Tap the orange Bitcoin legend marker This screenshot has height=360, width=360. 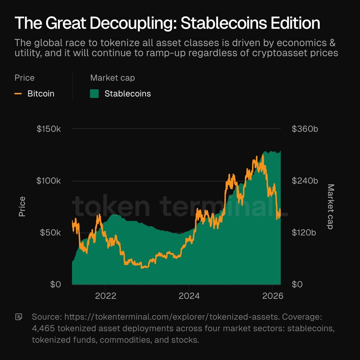coord(18,94)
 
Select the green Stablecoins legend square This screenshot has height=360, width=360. coord(94,94)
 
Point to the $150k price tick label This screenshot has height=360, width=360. coord(49,129)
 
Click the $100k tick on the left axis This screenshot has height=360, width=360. coord(49,181)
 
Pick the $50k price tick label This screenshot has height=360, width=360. coord(50,232)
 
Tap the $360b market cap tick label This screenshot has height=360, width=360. coord(305,129)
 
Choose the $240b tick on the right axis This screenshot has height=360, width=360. coord(305,181)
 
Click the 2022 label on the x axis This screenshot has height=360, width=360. coord(106,296)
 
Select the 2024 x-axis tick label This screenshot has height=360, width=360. coord(189,296)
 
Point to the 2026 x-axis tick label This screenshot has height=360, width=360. coord(272,296)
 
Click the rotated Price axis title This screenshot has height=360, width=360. coord(22,206)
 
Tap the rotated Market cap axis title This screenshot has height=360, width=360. coord(330,206)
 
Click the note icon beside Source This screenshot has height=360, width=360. coord(19,317)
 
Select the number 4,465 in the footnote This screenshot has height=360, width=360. coord(43,328)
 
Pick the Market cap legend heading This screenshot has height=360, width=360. coord(112,78)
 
